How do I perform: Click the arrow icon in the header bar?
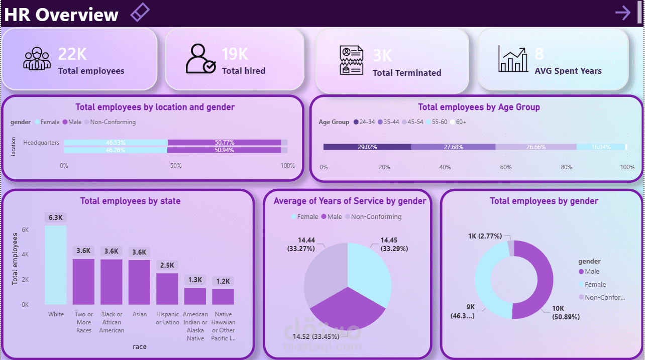[623, 13]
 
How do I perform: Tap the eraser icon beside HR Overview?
[140, 12]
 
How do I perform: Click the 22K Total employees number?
[72, 54]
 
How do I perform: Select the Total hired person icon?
[200, 59]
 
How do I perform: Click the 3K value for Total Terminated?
[382, 55]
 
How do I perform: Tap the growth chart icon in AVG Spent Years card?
[512, 59]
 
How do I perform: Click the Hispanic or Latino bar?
[167, 289]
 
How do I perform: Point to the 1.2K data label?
[223, 281]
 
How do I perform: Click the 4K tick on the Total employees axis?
[25, 255]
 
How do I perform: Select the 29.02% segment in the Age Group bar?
[367, 147]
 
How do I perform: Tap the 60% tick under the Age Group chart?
[505, 167]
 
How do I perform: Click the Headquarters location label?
[41, 143]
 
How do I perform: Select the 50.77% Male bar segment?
[224, 143]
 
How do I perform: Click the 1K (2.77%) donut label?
[485, 236]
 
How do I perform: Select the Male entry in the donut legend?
[592, 272]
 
